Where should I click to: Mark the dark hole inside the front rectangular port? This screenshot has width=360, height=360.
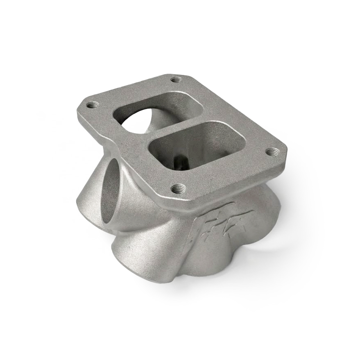pyautogui.click(x=181, y=162)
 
